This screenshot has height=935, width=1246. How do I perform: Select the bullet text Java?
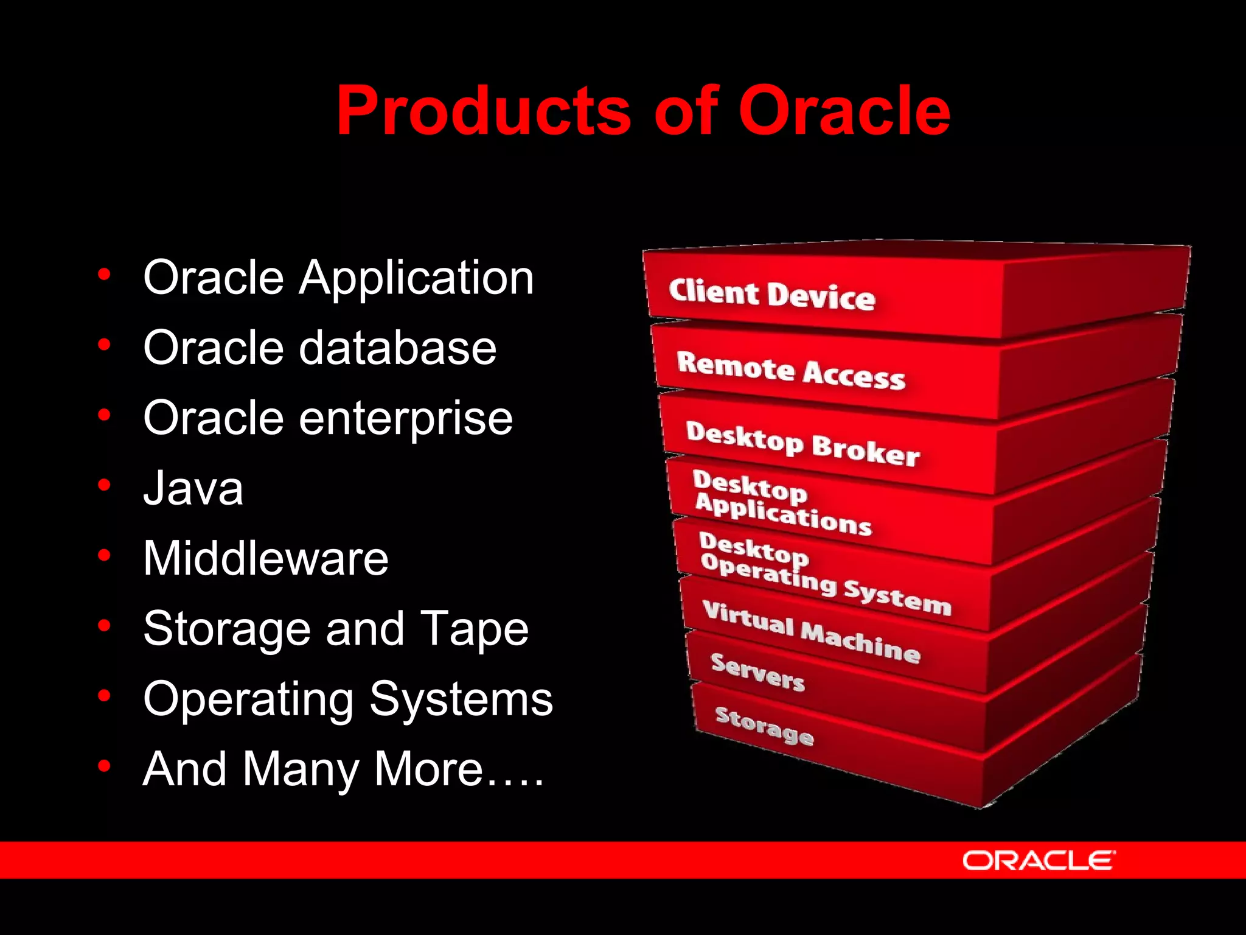click(193, 488)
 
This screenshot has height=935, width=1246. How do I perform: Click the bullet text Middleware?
click(266, 559)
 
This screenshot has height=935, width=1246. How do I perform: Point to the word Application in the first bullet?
click(416, 278)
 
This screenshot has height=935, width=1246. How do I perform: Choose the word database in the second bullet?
click(398, 348)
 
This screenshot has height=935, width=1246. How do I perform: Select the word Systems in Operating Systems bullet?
click(461, 699)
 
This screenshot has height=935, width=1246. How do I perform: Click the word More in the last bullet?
click(429, 769)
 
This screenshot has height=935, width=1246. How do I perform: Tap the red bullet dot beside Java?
click(105, 485)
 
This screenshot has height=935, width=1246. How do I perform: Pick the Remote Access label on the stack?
click(790, 369)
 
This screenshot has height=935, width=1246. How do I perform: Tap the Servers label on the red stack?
click(757, 672)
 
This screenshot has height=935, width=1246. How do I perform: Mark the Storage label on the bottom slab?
click(764, 726)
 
